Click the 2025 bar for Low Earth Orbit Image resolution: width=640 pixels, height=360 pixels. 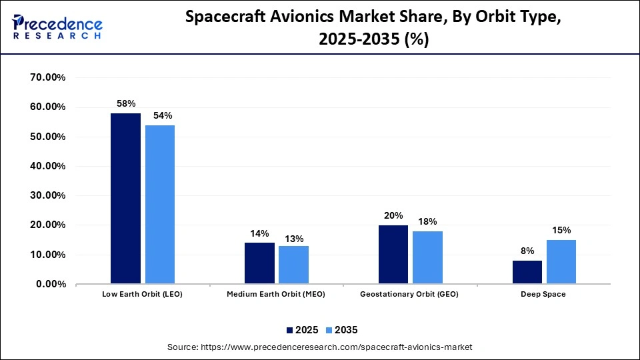tap(125, 199)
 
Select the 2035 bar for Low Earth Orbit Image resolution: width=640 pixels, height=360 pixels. tap(159, 205)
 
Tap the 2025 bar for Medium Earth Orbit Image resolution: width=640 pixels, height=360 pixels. tap(259, 263)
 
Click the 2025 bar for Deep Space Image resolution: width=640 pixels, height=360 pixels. tap(527, 272)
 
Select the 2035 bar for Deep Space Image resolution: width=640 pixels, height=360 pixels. tap(561, 262)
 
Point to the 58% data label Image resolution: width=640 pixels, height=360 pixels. tap(126, 103)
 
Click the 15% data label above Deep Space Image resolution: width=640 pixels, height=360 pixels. tap(561, 230)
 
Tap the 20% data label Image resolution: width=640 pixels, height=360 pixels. tap(393, 215)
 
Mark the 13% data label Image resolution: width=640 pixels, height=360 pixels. tap(294, 239)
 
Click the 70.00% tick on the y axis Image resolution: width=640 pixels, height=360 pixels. tap(47, 77)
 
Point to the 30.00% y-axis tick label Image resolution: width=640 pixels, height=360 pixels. tap(47, 195)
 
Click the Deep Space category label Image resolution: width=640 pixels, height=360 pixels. tap(544, 294)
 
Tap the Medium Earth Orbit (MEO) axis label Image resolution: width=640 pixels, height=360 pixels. tap(276, 294)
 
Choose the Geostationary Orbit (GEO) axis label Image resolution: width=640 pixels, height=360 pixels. tap(409, 294)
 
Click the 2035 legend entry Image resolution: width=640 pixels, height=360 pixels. tap(342, 329)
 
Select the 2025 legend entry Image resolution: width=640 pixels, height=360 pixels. tap(303, 329)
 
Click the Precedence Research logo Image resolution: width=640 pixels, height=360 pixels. tap(57, 25)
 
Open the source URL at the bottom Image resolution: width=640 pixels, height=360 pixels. tap(319, 347)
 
